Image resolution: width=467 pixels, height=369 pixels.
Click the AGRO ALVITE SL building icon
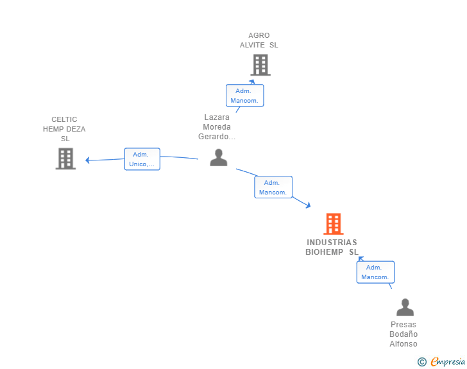(x=260, y=65)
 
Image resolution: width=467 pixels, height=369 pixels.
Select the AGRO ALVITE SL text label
(x=259, y=40)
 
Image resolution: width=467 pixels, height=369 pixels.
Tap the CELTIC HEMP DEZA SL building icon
(x=65, y=159)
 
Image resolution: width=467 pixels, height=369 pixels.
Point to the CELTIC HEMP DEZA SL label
(x=64, y=129)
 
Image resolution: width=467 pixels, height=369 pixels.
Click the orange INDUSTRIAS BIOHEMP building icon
(x=333, y=224)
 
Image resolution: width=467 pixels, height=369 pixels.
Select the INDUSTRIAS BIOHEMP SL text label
(x=332, y=247)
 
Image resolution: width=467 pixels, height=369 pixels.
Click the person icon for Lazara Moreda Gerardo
(x=219, y=158)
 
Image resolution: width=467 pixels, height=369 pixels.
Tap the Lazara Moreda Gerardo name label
(x=217, y=127)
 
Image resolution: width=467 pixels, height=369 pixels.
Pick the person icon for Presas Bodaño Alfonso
(x=405, y=307)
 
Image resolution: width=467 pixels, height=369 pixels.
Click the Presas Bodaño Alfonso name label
(x=403, y=334)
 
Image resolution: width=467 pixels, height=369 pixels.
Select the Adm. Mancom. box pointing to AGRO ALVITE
(x=244, y=96)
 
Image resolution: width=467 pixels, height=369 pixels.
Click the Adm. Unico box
(x=142, y=159)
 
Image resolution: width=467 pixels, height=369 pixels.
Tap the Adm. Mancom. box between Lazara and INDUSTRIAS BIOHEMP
(x=273, y=187)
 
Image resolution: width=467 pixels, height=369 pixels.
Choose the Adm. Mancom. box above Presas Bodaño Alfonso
(x=375, y=272)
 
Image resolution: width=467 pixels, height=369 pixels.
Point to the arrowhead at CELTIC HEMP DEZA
(x=88, y=160)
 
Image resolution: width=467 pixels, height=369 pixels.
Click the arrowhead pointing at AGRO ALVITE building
(x=252, y=82)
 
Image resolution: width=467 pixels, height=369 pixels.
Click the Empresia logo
(x=448, y=362)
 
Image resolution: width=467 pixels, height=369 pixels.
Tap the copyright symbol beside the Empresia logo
(x=422, y=362)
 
